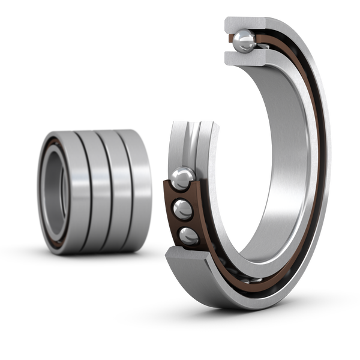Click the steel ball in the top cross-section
244,41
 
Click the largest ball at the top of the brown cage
182,178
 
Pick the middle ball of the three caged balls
184,209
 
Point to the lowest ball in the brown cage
188,236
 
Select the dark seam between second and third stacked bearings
107,190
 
